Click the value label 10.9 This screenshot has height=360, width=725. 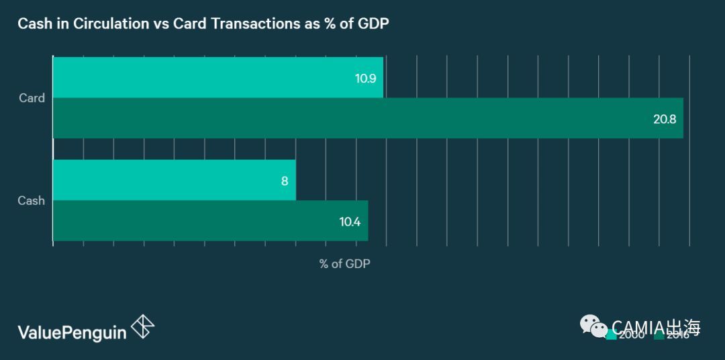tap(365, 78)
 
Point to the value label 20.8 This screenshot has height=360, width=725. tap(665, 119)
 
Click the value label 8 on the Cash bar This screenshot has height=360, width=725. tap(285, 181)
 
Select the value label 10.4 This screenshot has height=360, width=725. tap(350, 221)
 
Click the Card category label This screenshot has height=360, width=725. tap(32, 98)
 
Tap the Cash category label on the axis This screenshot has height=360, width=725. tap(32, 200)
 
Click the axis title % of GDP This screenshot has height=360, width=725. tap(344, 264)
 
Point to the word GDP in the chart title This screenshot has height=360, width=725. tap(373, 24)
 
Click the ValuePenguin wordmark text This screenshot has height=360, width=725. tap(72, 331)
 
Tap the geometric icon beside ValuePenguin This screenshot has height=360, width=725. tap(142, 327)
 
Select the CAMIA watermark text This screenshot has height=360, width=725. tap(657, 327)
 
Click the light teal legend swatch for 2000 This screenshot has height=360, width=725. tap(611, 335)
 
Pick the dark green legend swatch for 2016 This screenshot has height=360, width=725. tap(659, 335)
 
